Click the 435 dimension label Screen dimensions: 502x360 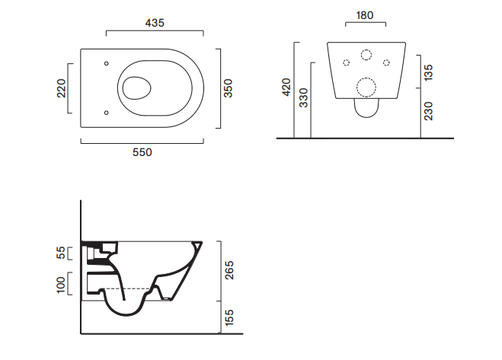tap(155, 23)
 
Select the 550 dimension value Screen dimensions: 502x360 tap(142, 152)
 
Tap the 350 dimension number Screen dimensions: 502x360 tap(228, 88)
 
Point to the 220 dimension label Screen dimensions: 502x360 tap(61, 88)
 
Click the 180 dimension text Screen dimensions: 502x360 tap(365, 15)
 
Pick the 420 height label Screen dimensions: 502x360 tap(286, 87)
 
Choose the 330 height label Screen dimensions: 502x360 tap(303, 97)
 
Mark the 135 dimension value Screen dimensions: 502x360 tap(428, 72)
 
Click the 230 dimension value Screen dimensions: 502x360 tap(428, 111)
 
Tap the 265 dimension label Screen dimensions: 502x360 tap(229, 270)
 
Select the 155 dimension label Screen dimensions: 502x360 tap(229, 318)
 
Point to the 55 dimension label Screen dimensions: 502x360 tap(61, 253)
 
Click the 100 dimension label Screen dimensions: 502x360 tap(61, 285)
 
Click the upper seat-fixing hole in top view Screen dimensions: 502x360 tap(107, 63)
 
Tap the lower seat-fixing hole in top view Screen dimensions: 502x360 tap(107, 113)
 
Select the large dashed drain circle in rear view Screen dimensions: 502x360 tap(366, 87)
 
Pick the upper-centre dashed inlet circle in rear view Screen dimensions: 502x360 tap(366, 55)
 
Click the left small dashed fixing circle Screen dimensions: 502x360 tap(346, 62)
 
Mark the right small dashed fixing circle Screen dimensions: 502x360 tap(386, 62)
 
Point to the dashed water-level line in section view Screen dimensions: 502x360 tap(127, 288)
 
